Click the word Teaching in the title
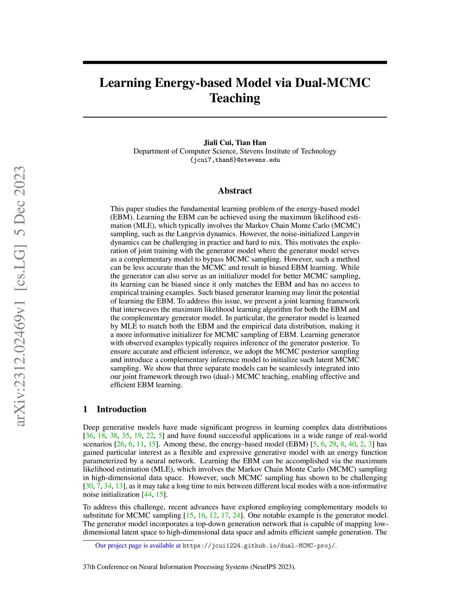point(235,98)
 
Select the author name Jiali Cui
point(218,142)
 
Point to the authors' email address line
point(235,160)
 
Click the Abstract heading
point(235,191)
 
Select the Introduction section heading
point(121,409)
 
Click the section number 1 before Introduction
point(85,409)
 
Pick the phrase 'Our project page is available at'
point(138,546)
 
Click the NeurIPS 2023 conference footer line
point(189,567)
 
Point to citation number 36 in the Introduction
point(90,436)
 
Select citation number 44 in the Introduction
point(147,495)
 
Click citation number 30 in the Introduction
point(89,486)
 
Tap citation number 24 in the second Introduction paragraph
point(236,515)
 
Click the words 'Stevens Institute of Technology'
point(288,151)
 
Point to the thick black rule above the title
point(235,63)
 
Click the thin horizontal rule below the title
point(235,117)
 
